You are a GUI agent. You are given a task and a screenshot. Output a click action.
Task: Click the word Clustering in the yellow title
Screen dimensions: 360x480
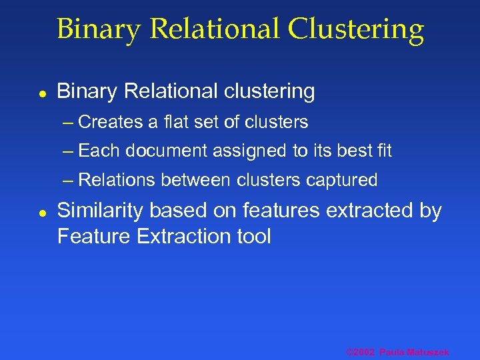click(356, 29)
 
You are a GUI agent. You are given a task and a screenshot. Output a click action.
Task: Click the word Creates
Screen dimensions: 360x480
click(111, 122)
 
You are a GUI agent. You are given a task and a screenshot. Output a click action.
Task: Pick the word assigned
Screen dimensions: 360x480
click(249, 151)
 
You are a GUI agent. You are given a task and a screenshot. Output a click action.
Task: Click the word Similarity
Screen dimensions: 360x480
click(101, 211)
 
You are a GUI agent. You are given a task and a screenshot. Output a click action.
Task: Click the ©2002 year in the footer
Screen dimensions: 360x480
click(360, 352)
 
